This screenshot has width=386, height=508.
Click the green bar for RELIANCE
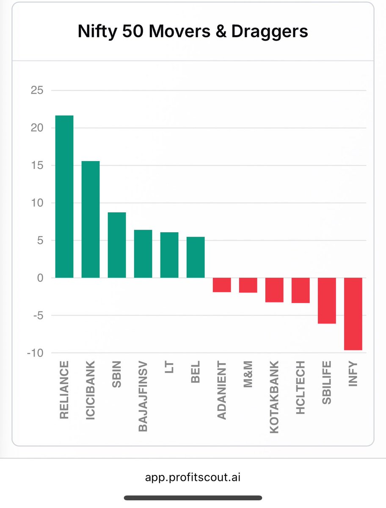(x=64, y=197)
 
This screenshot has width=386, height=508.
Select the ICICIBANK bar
(x=91, y=219)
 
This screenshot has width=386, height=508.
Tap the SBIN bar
(x=117, y=245)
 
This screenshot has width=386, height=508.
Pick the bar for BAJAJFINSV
(x=143, y=254)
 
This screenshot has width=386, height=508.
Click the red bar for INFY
(x=353, y=314)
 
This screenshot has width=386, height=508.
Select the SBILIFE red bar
(x=327, y=300)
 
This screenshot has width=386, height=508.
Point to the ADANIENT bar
(x=222, y=285)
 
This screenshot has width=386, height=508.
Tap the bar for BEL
(x=196, y=257)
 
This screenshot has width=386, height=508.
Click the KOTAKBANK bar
(x=274, y=290)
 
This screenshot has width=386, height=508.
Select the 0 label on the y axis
(x=40, y=278)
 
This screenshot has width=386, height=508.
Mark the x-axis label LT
(x=169, y=366)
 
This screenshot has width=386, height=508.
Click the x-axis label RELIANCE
(x=64, y=390)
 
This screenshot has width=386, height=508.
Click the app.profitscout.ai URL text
(x=193, y=477)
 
